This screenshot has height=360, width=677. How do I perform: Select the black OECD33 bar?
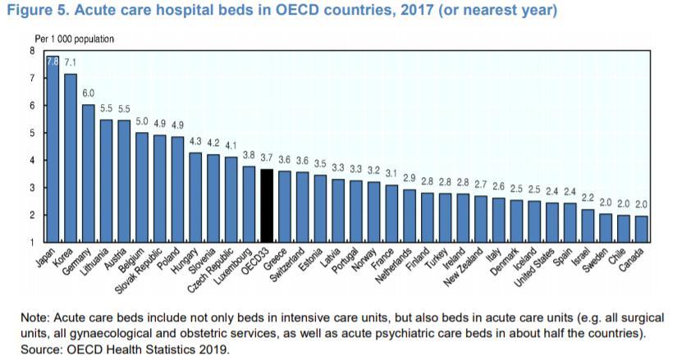click(x=267, y=206)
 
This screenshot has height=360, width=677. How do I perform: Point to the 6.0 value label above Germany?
click(x=89, y=94)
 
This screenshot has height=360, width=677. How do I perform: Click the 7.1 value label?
click(x=71, y=62)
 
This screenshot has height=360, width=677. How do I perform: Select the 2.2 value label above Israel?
click(x=587, y=198)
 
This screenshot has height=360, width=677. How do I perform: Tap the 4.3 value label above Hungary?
click(x=195, y=141)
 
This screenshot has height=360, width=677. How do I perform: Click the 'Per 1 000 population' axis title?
click(x=74, y=39)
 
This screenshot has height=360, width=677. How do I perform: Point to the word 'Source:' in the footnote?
click(x=26, y=348)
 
